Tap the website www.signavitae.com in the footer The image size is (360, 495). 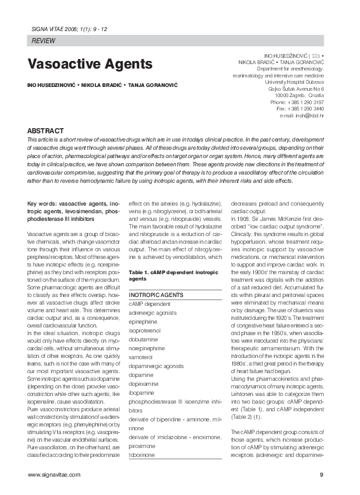[54, 474]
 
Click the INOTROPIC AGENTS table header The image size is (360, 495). [156, 296]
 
